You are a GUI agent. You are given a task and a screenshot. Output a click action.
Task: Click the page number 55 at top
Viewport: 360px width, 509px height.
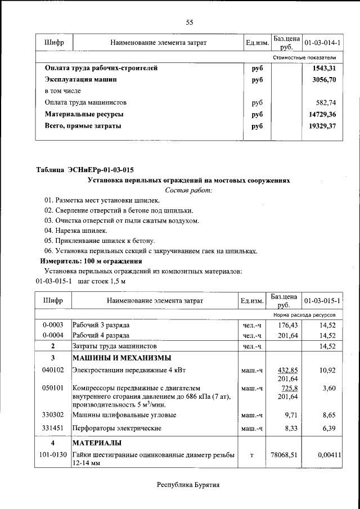[190, 22]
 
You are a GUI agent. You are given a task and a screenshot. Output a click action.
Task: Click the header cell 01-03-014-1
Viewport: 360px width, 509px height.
[322, 43]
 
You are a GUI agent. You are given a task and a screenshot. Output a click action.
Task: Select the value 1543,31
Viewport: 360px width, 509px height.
[324, 68]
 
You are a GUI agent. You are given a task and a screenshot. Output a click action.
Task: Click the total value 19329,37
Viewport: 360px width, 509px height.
[322, 126]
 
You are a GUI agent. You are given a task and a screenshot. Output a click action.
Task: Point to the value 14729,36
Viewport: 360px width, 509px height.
[322, 114]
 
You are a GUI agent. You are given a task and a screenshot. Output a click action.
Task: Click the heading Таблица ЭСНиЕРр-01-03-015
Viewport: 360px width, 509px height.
[85, 170]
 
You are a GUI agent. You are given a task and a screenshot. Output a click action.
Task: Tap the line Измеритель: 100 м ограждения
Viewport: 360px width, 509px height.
[91, 262]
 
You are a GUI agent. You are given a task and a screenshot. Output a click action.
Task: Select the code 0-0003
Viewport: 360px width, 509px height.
[53, 326]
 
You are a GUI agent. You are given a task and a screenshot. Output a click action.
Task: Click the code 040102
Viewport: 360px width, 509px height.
[53, 371]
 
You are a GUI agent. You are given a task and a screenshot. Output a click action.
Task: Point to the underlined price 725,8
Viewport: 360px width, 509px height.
[288, 389]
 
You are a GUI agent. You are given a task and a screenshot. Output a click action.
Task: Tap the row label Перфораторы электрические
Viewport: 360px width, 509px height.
[116, 429]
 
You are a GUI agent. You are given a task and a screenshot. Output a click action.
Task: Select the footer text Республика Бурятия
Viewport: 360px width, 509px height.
[188, 485]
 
